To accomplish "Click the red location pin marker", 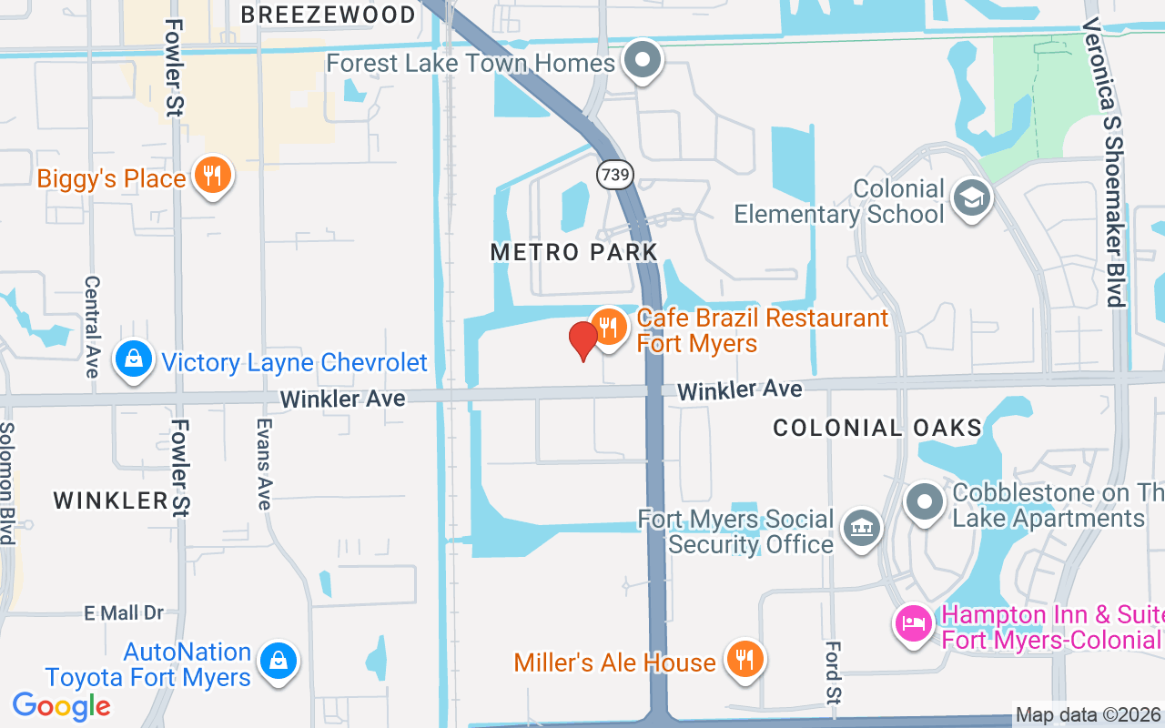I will tap(582, 340).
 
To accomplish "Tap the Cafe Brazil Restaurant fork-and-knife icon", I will tap(607, 326).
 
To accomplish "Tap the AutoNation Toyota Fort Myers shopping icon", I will tap(279, 662).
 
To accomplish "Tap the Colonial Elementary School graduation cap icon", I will tap(971, 197).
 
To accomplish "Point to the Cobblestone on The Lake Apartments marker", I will tap(926, 501).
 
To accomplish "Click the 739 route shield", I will tap(615, 173).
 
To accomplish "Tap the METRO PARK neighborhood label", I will tap(573, 252).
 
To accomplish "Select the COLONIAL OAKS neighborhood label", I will tap(877, 428).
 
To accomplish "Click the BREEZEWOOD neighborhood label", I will tap(328, 15).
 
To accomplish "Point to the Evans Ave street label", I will tap(263, 464).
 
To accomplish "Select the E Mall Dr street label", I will tap(124, 613).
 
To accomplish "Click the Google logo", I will tap(62, 705).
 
